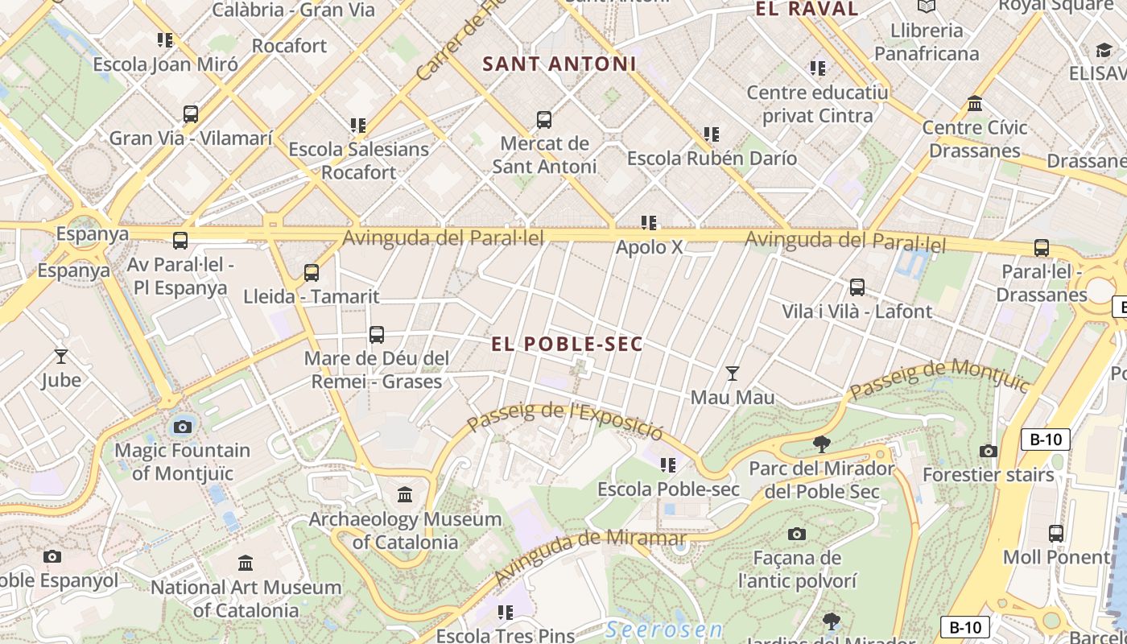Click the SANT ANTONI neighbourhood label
[559, 64]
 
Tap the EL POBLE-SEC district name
[568, 344]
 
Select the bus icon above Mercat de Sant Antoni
[544, 120]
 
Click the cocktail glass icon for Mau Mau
[732, 373]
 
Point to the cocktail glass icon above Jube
[61, 355]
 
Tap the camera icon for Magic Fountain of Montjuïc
[182, 427]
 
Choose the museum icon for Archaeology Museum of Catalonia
[405, 494]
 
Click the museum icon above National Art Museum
[246, 563]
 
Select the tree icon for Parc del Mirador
[821, 443]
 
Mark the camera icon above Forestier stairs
[988, 451]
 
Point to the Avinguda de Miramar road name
[589, 555]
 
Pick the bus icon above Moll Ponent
[1055, 533]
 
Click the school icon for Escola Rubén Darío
[711, 134]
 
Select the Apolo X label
[649, 247]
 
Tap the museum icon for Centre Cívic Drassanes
[975, 104]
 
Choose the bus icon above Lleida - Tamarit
[312, 272]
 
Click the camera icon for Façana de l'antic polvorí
[796, 534]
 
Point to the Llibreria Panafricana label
[927, 42]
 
